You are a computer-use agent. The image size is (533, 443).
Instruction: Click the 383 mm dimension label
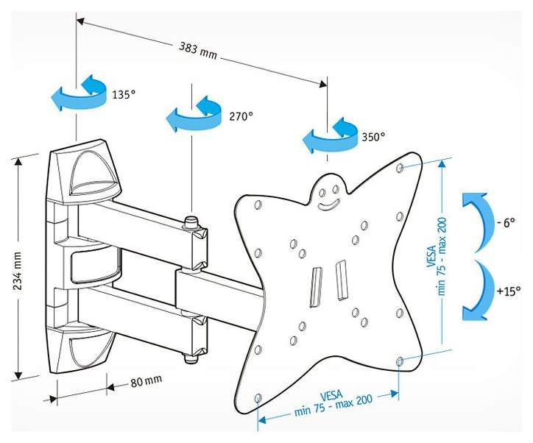click(198, 51)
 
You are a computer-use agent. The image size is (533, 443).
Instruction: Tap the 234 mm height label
click(18, 271)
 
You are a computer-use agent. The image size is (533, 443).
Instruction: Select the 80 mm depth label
click(147, 381)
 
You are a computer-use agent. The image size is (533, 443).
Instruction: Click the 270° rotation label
click(241, 116)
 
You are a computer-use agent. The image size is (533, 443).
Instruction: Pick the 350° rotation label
click(373, 137)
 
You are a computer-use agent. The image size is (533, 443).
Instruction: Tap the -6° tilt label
click(506, 223)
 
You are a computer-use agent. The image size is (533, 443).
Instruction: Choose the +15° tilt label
click(509, 291)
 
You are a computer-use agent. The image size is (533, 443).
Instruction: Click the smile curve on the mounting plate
click(328, 205)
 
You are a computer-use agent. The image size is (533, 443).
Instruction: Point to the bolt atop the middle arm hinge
click(191, 222)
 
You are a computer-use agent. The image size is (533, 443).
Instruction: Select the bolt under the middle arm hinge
click(191, 358)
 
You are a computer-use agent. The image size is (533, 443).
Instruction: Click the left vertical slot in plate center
click(315, 288)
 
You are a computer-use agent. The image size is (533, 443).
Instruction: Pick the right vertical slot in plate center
click(341, 280)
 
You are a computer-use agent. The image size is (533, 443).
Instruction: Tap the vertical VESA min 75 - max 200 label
click(437, 256)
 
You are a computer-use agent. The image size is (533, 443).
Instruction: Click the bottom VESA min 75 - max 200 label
click(333, 403)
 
